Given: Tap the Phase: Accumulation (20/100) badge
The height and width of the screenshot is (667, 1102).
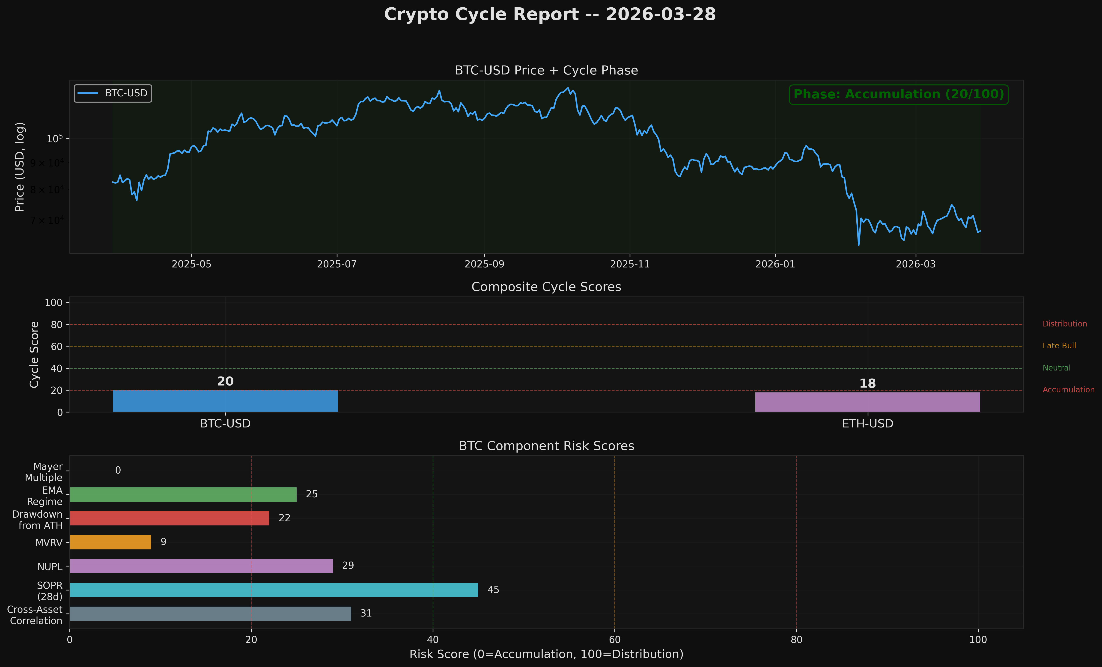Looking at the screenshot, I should tap(899, 94).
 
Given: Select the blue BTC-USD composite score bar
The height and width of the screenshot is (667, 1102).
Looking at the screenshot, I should tap(225, 401).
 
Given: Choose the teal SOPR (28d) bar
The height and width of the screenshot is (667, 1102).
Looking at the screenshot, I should tap(274, 590).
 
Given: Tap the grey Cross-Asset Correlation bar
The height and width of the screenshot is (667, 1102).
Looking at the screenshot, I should tap(210, 613).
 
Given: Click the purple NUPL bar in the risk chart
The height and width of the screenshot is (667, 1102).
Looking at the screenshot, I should tap(201, 566).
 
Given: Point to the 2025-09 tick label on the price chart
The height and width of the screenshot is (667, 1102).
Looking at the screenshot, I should tap(484, 264).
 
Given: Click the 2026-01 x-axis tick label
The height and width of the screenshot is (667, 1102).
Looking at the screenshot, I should tap(775, 264).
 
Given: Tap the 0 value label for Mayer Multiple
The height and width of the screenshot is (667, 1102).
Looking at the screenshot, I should tap(118, 470).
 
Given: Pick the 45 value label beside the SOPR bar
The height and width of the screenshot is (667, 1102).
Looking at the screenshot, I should tap(493, 590).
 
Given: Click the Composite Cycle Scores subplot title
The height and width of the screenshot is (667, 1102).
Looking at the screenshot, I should tap(546, 287).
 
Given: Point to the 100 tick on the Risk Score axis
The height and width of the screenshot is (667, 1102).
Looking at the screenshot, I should tap(978, 640).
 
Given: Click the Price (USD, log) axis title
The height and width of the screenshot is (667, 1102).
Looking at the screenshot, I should tap(20, 167).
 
